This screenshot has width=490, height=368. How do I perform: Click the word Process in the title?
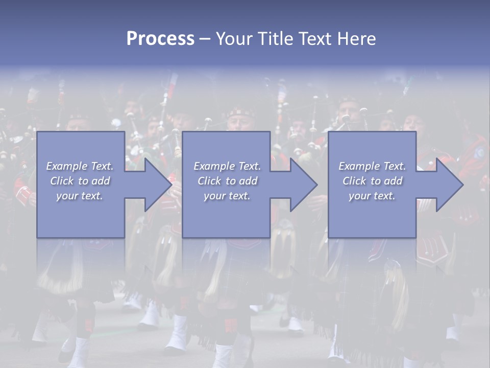pyautogui.click(x=160, y=39)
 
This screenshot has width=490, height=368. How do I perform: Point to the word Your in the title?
pyautogui.click(x=234, y=39)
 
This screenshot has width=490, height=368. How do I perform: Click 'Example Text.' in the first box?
pyautogui.click(x=80, y=166)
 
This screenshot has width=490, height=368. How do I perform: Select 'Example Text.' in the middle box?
pyautogui.click(x=227, y=166)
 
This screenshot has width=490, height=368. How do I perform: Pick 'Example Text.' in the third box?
pyautogui.click(x=372, y=166)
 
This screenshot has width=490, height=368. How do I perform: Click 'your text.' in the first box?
pyautogui.click(x=80, y=196)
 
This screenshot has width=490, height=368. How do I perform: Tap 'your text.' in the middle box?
pyautogui.click(x=227, y=196)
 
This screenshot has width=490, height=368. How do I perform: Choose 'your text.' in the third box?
pyautogui.click(x=372, y=196)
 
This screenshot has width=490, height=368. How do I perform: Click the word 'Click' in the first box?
pyautogui.click(x=62, y=181)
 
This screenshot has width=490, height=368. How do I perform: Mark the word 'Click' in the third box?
pyautogui.click(x=355, y=181)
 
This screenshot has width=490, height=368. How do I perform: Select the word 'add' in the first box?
pyautogui.click(x=102, y=181)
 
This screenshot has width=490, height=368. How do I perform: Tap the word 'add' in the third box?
pyautogui.click(x=394, y=181)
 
